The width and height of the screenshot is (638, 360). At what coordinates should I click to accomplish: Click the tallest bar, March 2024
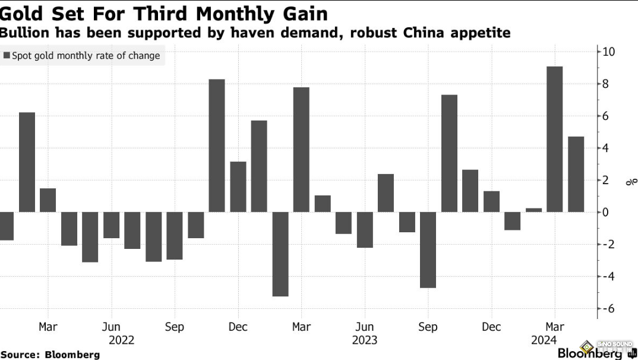[x=554, y=139]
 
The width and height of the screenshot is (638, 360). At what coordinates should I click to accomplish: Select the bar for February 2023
[x=280, y=254]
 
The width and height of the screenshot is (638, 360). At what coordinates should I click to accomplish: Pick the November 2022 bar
[x=217, y=146]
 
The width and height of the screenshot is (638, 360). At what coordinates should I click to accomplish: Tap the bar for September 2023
[x=428, y=250]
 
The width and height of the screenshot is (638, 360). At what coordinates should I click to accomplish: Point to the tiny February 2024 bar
[x=533, y=210]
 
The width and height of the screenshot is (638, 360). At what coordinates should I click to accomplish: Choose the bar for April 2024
[x=576, y=174]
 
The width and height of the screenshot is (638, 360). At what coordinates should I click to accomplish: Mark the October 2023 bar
[x=449, y=153]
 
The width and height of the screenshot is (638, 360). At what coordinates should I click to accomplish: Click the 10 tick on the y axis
[x=608, y=52]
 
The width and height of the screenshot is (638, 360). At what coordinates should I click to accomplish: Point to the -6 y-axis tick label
[x=607, y=308]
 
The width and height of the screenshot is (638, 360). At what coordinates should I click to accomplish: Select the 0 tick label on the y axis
[x=605, y=212]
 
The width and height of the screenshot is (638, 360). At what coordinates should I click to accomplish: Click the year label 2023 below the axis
[x=364, y=340]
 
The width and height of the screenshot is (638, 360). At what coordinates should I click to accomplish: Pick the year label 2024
[x=545, y=340]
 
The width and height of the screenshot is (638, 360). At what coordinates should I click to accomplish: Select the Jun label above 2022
[x=111, y=327]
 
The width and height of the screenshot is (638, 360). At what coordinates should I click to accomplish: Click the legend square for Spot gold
[x=7, y=56]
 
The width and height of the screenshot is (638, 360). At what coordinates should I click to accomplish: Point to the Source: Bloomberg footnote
[x=50, y=355]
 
